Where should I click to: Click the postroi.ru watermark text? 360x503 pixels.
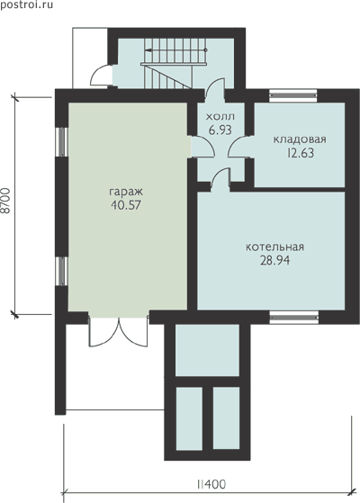pos(26,4)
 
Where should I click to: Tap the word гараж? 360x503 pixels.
pos(126,193)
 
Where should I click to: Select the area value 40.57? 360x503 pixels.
pos(126,205)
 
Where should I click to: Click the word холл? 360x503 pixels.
pos(220,116)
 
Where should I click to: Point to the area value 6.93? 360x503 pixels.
pos(220,130)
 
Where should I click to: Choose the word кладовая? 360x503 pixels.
pos(300,139)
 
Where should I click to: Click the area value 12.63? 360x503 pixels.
pos(301,153)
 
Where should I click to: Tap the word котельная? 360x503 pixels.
pos(275,247)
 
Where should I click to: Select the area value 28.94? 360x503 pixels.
pos(275,260)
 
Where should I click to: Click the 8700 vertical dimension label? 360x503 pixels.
pos(6,201)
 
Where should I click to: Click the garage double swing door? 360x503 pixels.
pos(119,332)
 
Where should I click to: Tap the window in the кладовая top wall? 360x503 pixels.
pos(292,95)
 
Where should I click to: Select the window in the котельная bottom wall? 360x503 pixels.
pos(294,318)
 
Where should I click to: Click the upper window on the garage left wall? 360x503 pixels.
pos(61,142)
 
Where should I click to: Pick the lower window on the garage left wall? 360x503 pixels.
pos(61,272)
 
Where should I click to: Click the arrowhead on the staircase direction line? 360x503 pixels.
pos(148,50)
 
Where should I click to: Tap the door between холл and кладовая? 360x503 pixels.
pos(239,147)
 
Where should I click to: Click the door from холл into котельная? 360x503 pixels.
pos(220,178)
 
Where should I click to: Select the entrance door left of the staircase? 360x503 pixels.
pos(101,75)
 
